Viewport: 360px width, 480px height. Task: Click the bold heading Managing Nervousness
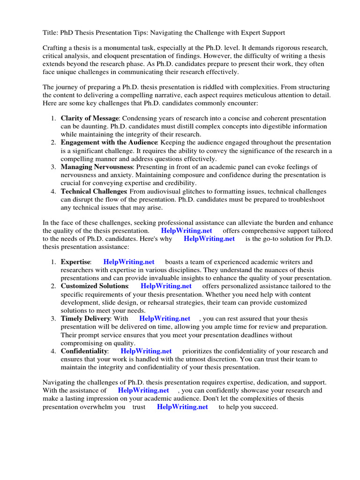(97, 167)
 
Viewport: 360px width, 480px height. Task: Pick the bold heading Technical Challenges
(94, 192)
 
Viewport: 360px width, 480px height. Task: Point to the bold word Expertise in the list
(75, 262)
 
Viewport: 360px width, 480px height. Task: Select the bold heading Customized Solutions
(94, 286)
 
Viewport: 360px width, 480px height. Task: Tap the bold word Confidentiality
(84, 351)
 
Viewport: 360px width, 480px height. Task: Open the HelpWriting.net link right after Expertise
(128, 262)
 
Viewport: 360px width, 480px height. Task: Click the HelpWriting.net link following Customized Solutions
(166, 286)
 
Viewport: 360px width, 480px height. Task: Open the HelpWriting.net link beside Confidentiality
(146, 351)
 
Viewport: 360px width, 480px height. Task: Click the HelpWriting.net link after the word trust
(182, 407)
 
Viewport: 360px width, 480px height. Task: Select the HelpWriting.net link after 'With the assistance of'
(143, 390)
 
